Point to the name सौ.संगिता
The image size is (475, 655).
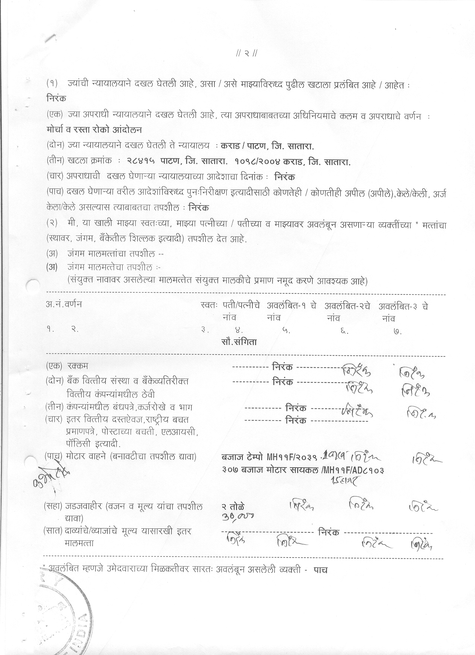click(x=239, y=342)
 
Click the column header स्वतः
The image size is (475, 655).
click(x=208, y=306)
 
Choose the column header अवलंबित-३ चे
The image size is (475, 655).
click(x=403, y=306)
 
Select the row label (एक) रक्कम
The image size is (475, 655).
click(x=67, y=366)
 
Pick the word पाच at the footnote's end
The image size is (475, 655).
click(x=320, y=570)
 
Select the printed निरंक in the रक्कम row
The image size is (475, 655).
click(x=283, y=367)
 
